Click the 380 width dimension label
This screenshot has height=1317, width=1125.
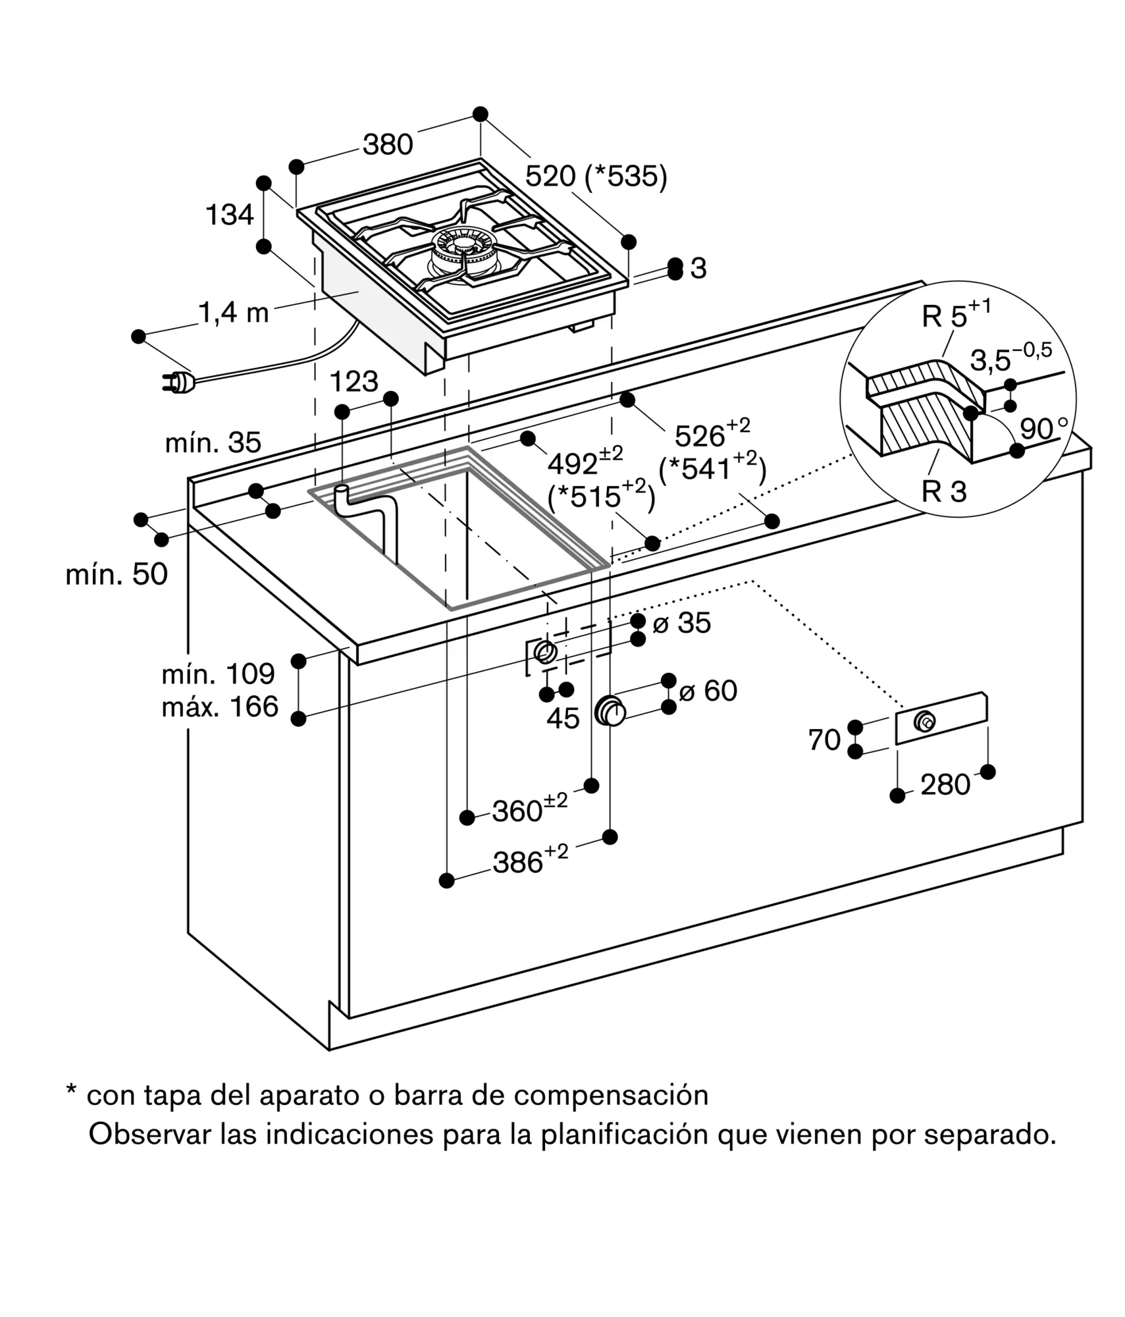click(388, 144)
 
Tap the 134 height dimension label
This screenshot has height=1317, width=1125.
click(230, 215)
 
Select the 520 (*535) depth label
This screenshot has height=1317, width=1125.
click(596, 176)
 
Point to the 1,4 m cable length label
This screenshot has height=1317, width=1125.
click(234, 313)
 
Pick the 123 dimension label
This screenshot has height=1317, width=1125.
click(353, 382)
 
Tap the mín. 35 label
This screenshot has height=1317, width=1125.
click(213, 443)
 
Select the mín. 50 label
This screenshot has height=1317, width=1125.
click(117, 574)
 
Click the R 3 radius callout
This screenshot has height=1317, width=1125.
click(943, 491)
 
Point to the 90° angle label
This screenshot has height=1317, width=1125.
click(1044, 429)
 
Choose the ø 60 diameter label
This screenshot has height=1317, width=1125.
click(708, 691)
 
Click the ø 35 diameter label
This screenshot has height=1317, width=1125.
click(681, 623)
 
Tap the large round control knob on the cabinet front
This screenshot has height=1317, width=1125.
click(610, 712)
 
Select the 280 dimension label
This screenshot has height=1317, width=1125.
click(945, 785)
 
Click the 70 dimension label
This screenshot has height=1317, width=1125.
click(824, 740)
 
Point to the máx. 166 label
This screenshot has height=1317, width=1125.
click(221, 707)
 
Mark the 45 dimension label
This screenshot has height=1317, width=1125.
click(563, 718)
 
